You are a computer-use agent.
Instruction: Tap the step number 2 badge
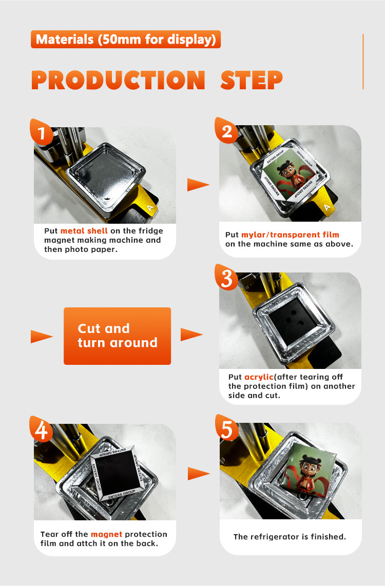pos(227,132)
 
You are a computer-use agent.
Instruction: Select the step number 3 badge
pos(227,279)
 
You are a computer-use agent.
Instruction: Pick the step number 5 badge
pos(227,429)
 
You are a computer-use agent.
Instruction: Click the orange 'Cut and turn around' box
pos(117,336)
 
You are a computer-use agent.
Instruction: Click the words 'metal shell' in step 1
pos(84,231)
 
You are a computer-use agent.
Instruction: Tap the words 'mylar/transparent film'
pos(290,235)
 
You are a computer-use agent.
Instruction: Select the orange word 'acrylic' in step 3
pos(261,377)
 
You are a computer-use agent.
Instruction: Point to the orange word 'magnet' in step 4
pos(106,534)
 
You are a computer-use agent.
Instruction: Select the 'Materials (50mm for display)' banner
pos(126,40)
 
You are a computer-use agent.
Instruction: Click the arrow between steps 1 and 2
pos(197,185)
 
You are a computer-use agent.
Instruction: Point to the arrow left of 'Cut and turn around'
pos(41,337)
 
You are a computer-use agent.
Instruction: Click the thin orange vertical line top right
pos(363,62)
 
